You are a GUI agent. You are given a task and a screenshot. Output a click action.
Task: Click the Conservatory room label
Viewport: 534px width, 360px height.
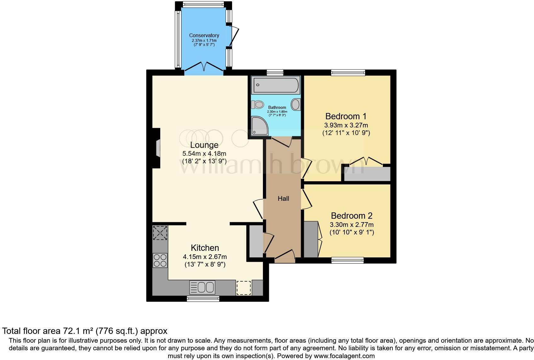[204, 35]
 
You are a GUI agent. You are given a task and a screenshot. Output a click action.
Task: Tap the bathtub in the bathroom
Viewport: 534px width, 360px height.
[276, 85]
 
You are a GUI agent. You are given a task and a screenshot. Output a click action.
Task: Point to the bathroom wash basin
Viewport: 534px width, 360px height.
[296, 104]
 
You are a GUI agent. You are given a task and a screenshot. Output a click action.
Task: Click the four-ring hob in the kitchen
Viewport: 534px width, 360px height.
[160, 260]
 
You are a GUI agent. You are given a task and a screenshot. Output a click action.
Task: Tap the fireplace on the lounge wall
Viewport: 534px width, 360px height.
[156, 148]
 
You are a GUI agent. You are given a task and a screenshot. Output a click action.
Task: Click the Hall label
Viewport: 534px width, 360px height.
[283, 199]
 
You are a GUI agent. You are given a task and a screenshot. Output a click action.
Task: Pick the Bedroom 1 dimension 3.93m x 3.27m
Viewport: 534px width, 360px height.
[346, 125]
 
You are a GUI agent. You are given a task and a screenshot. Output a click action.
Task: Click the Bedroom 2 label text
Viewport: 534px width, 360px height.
[352, 216]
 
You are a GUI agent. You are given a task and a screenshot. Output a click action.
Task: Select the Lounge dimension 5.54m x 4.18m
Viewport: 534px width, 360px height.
[204, 154]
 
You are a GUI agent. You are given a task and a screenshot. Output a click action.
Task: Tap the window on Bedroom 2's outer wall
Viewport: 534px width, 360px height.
[348, 260]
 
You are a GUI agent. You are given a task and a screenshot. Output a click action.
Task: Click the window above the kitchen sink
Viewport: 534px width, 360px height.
[203, 299]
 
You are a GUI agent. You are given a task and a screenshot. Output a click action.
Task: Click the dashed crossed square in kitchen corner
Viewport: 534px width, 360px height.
[160, 233]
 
